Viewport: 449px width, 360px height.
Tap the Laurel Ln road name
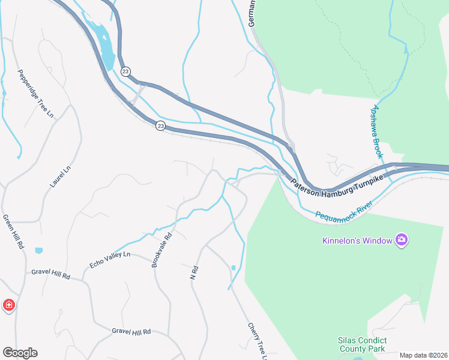(60, 176)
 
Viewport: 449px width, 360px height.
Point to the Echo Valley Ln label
(110, 260)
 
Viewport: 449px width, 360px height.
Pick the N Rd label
(193, 272)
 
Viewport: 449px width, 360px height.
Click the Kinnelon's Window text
(357, 241)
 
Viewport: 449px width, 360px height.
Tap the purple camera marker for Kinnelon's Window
(402, 241)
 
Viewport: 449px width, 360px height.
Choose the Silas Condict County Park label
(362, 344)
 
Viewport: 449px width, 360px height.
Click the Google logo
(20, 353)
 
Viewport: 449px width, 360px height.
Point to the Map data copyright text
(423, 355)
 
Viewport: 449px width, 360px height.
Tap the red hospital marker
(9, 305)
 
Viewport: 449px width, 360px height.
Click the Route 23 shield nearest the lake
(125, 71)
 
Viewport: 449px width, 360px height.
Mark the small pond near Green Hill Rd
(39, 250)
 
